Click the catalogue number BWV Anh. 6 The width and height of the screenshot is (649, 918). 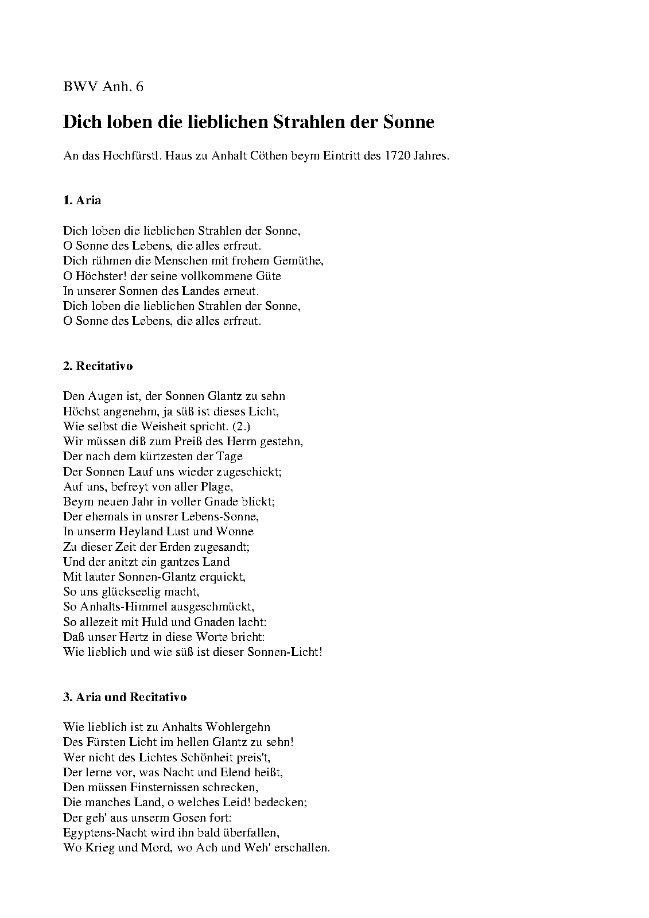[103, 87]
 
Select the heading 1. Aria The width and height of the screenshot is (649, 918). [82, 200]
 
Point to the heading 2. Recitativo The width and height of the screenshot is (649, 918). [98, 365]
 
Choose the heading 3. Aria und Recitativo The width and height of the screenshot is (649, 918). [125, 697]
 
